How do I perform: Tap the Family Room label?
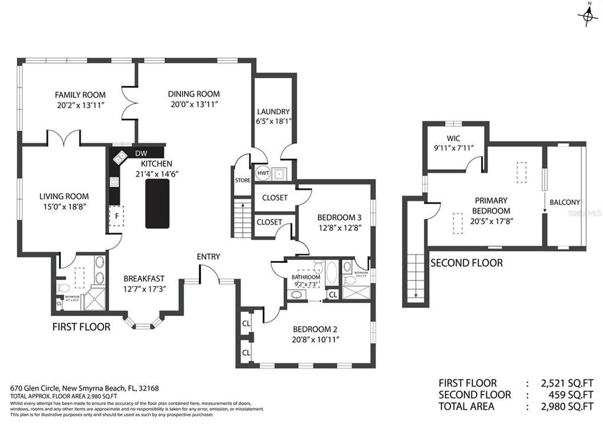click(x=80, y=95)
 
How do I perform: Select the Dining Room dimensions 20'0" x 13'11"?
click(x=194, y=104)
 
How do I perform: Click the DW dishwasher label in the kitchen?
click(x=141, y=153)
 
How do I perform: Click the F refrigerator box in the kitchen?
click(x=117, y=216)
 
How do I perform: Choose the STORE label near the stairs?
click(x=242, y=180)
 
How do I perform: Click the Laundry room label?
click(x=273, y=112)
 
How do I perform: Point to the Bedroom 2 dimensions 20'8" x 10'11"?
click(x=314, y=340)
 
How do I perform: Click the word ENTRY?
click(x=209, y=256)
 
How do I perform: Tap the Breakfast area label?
click(x=144, y=279)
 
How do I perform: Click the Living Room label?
click(x=64, y=196)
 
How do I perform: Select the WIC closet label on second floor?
click(x=454, y=138)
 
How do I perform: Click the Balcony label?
click(x=565, y=202)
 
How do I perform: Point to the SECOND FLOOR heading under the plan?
click(x=466, y=263)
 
